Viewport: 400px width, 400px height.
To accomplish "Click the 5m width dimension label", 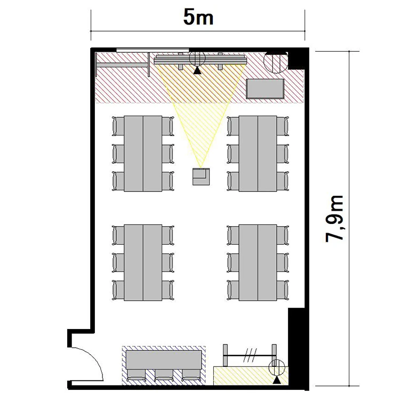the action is tap(198, 18).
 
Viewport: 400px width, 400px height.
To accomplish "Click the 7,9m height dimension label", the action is tap(334, 219).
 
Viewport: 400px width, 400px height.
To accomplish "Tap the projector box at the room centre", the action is tap(201, 177).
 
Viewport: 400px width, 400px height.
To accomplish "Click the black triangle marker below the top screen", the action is tap(197, 70).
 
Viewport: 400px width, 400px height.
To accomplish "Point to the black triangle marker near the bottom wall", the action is tap(277, 380).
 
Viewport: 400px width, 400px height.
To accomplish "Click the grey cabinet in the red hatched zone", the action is tap(265, 89).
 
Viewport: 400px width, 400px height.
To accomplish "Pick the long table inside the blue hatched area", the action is tap(164, 359).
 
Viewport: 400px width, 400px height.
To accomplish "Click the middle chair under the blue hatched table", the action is tap(164, 375).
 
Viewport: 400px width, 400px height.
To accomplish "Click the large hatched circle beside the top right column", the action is tap(276, 62).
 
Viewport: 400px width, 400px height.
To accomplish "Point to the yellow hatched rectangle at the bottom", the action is tap(251, 376).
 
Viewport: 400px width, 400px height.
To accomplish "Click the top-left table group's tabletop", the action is tap(143, 154).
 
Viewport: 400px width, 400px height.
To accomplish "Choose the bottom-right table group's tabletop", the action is tap(258, 262).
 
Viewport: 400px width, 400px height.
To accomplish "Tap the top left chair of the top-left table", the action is tap(118, 126).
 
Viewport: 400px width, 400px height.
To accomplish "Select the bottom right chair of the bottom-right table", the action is tap(283, 290).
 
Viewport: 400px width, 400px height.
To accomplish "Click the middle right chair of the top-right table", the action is tap(283, 154).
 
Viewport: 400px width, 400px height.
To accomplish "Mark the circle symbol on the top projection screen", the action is tap(197, 59).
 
